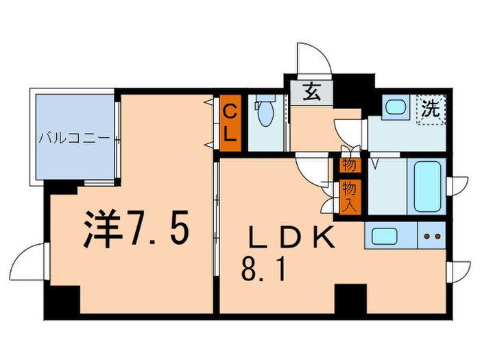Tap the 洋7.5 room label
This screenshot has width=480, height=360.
click(x=136, y=228)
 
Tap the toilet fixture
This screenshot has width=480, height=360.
click(x=264, y=114)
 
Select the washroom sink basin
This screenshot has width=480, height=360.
click(x=394, y=107)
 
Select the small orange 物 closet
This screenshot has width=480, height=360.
click(x=348, y=165)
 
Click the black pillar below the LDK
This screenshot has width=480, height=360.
click(x=350, y=298)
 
